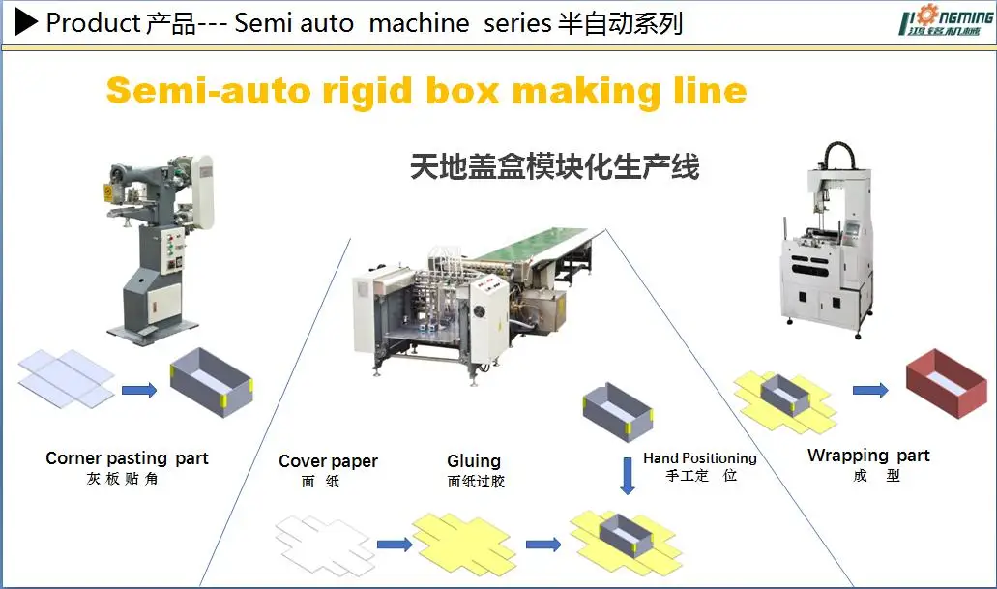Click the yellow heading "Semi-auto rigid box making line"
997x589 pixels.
click(x=426, y=91)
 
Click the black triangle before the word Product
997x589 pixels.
click(x=27, y=21)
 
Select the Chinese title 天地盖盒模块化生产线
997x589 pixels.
click(x=554, y=167)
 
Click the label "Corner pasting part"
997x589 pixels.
click(x=127, y=457)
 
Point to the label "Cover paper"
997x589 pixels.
click(x=328, y=461)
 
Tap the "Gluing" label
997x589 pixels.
click(x=474, y=461)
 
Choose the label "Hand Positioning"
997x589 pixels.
click(x=700, y=457)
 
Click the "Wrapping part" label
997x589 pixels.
click(x=868, y=456)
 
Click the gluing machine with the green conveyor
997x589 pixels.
click(x=474, y=290)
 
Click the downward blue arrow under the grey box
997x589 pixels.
click(x=627, y=475)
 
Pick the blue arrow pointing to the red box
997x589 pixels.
click(x=870, y=390)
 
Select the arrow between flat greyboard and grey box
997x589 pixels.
click(x=139, y=390)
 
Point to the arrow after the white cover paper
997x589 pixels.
click(x=393, y=545)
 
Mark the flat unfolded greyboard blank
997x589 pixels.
click(x=66, y=378)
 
